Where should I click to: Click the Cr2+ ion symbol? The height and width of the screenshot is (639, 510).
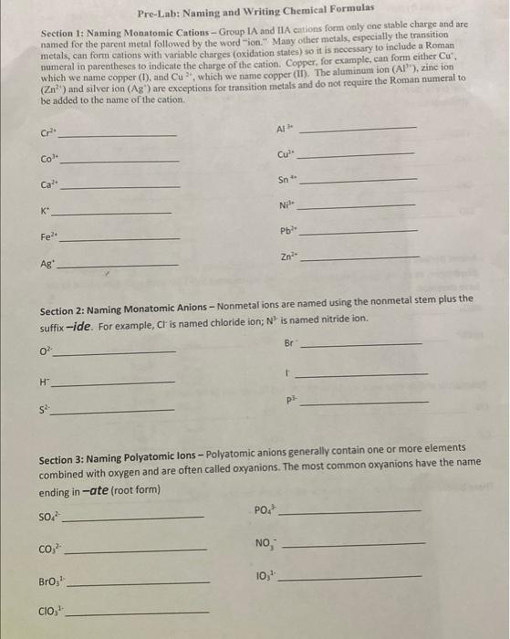pos(48,133)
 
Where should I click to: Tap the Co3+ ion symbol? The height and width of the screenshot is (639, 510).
pos(49,159)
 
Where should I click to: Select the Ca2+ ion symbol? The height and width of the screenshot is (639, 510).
pos(49,184)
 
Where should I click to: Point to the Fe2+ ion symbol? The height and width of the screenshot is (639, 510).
pos(47,237)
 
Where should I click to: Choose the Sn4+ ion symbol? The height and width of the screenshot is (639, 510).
pos(286,179)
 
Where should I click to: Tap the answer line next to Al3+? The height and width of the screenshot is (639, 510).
pos(360,129)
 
